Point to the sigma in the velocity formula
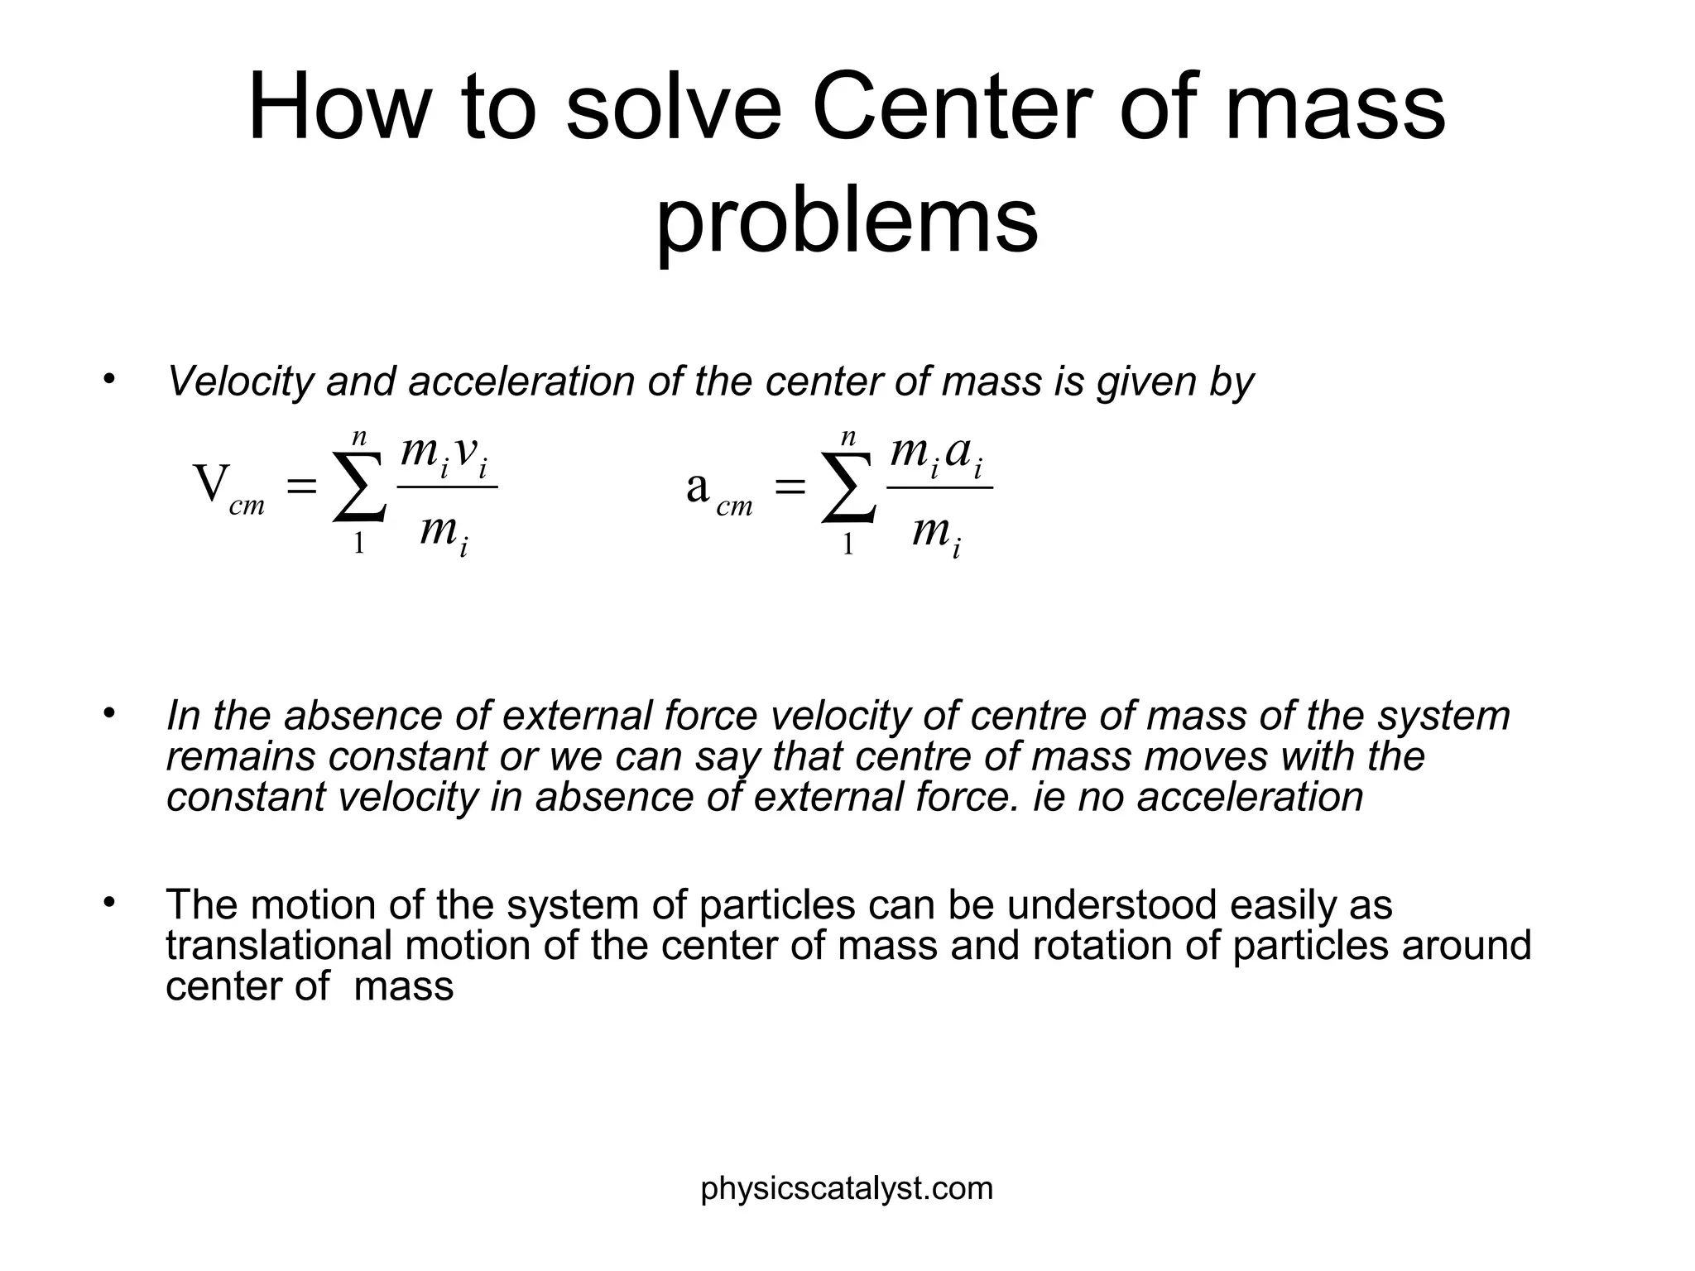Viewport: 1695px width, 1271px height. point(359,487)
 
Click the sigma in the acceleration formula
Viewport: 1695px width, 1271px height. point(848,487)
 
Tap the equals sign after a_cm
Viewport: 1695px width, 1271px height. point(790,487)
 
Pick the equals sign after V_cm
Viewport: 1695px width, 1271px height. point(301,487)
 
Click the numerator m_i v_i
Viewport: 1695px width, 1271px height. point(444,454)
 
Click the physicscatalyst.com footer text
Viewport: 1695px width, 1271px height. point(847,1188)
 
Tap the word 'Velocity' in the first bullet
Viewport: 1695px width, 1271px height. point(239,381)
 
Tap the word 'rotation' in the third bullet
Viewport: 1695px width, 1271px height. point(1101,945)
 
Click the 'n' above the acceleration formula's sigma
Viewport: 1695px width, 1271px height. point(847,437)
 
